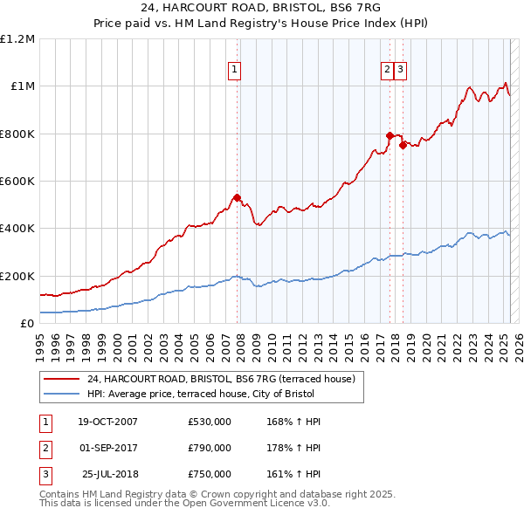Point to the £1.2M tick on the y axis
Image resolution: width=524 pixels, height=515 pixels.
[x=17, y=39]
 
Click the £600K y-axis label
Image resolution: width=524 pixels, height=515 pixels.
[x=17, y=182]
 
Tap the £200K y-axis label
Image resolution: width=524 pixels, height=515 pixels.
[x=17, y=276]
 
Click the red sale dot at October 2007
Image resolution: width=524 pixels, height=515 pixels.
[x=237, y=197]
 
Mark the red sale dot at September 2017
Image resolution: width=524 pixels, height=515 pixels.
[x=390, y=135]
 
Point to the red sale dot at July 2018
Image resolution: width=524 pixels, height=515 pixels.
[x=403, y=146]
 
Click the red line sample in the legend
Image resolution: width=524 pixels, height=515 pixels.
[x=62, y=380]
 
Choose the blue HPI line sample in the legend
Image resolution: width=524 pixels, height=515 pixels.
[x=62, y=394]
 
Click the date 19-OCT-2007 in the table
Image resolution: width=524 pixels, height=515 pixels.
[x=107, y=422]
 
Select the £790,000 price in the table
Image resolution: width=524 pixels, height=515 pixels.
[x=210, y=449]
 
